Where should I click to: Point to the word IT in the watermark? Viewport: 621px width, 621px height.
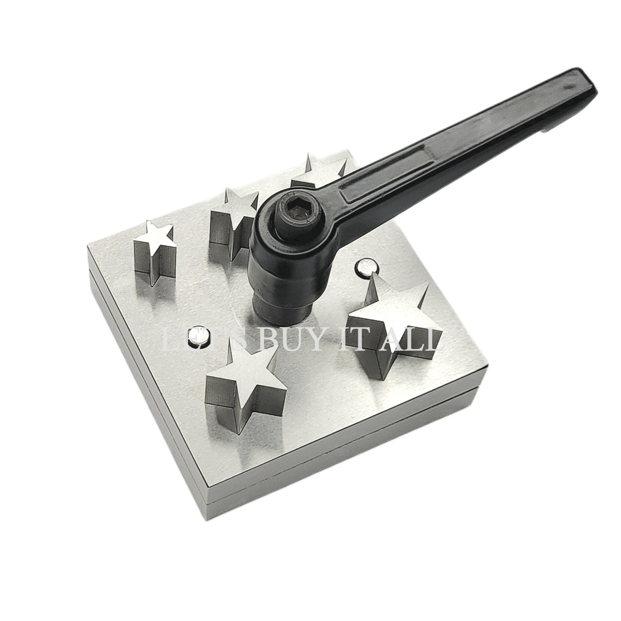tap(357, 339)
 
